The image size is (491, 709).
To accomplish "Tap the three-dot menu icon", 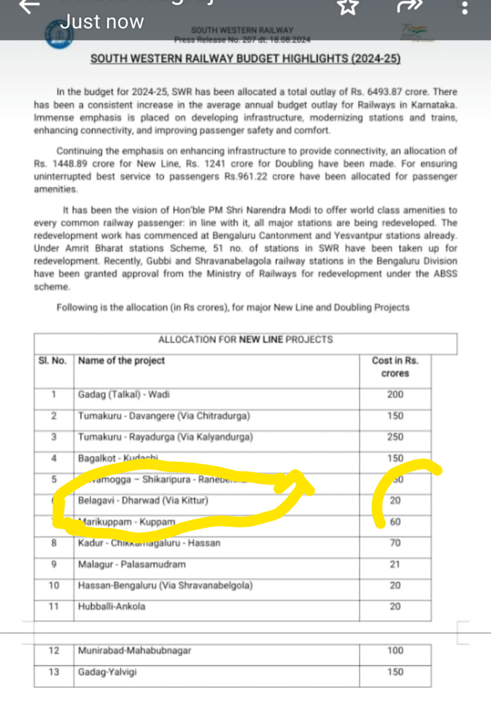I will pyautogui.click(x=465, y=8).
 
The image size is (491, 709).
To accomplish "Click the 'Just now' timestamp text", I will pyautogui.click(x=102, y=22).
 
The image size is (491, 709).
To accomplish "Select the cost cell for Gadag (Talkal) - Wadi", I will pyautogui.click(x=395, y=394).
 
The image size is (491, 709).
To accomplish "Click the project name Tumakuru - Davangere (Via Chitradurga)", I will pyautogui.click(x=164, y=416).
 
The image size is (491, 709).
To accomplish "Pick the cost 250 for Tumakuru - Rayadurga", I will pyautogui.click(x=395, y=437).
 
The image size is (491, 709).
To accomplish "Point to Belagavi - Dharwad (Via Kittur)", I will pyautogui.click(x=143, y=500).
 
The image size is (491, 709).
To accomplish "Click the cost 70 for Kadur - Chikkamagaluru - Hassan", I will pyautogui.click(x=395, y=543).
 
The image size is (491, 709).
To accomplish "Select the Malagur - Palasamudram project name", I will pyautogui.click(x=132, y=564).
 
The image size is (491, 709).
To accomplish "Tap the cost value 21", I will pyautogui.click(x=395, y=564).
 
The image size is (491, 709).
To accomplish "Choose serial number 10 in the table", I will pyautogui.click(x=54, y=585).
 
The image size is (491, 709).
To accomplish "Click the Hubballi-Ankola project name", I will pyautogui.click(x=111, y=606).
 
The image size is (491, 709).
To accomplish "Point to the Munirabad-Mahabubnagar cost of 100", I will pyautogui.click(x=395, y=650).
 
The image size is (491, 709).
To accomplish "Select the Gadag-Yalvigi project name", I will pyautogui.click(x=107, y=672).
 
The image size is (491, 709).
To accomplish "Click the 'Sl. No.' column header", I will pyautogui.click(x=52, y=360).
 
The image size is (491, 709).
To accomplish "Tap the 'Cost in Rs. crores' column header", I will pyautogui.click(x=395, y=367).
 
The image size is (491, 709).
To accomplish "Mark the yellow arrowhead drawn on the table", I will pyautogui.click(x=297, y=482).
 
